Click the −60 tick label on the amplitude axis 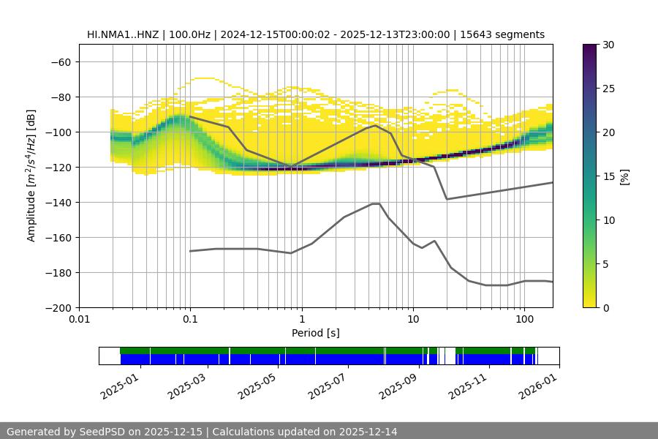60,61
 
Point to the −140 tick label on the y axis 57,202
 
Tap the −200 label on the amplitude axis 57,307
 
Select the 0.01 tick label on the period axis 79,319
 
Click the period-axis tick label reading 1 301,319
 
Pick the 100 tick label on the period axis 523,319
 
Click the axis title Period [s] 315,333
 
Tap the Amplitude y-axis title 31,176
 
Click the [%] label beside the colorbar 624,176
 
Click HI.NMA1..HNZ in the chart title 122,34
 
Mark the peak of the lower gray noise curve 376,203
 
